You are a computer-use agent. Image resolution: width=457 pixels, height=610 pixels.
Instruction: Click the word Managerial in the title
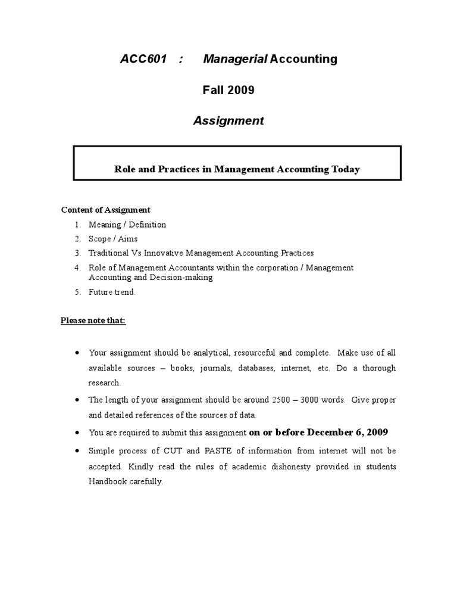coord(235,59)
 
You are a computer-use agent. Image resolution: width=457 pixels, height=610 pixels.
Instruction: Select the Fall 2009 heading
coord(228,90)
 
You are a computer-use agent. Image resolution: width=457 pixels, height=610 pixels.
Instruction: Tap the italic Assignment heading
coord(228,121)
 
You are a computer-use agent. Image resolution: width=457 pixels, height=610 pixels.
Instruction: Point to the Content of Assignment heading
coord(105,210)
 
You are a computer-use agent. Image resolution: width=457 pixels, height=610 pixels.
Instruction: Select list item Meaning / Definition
coord(127,225)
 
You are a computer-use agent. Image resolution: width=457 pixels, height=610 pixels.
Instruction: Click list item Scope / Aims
coord(113,239)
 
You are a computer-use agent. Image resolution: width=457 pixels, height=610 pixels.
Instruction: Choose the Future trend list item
coord(112,292)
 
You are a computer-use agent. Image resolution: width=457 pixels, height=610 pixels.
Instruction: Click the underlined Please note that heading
coord(93,320)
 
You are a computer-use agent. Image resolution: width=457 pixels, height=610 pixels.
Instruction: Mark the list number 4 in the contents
coord(77,267)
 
